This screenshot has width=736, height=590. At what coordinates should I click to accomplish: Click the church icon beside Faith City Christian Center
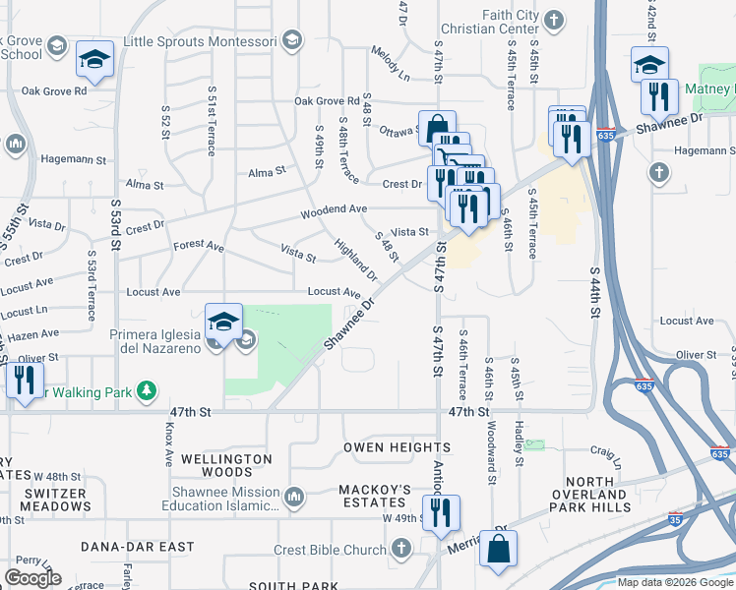554,20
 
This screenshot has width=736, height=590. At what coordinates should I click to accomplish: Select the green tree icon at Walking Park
147,392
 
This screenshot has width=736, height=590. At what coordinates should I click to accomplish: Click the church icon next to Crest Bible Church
400,547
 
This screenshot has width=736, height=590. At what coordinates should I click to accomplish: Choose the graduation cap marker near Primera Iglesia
223,321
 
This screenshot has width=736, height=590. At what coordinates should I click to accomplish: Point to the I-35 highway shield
675,518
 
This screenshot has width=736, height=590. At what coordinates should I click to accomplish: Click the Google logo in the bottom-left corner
33,578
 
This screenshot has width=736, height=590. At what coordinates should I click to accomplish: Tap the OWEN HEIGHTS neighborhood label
383,448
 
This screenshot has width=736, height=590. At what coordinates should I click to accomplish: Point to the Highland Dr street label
354,258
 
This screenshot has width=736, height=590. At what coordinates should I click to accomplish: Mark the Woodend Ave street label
334,209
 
